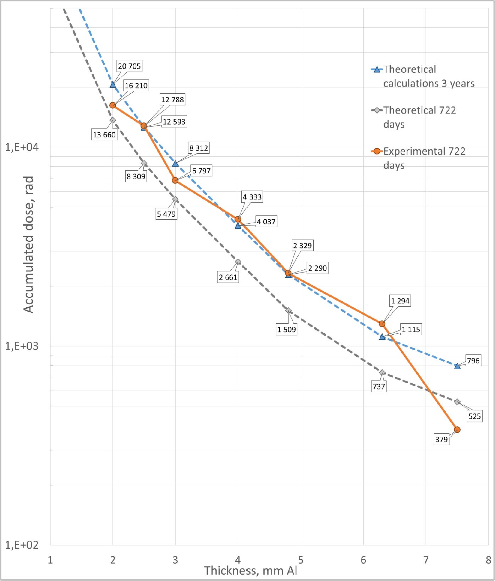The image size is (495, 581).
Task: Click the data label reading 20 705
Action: pos(129,66)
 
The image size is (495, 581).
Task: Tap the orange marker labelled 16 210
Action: pos(113,105)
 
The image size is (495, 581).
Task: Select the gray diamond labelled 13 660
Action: pos(113,120)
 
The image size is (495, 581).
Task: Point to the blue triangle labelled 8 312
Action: pos(175,163)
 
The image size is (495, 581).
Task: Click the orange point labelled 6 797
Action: pos(175,181)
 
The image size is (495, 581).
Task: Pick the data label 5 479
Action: pos(166,214)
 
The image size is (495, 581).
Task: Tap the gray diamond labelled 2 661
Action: pos(238,262)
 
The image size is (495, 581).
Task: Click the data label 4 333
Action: pos(252,197)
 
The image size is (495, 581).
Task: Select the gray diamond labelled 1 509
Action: pos(288,311)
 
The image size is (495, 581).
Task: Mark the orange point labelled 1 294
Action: pos(382,324)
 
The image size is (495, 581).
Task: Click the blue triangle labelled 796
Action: pos(457,366)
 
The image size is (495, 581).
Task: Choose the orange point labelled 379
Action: pos(457,430)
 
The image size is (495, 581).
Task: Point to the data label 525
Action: pos(474,416)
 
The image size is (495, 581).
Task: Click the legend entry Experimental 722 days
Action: pos(424,158)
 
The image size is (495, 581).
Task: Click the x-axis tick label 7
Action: pos(426,560)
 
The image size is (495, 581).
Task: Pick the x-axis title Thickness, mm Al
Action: pos(251,570)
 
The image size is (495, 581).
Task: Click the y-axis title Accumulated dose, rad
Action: pos(28,245)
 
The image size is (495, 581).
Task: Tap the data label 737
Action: pos(379,387)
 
